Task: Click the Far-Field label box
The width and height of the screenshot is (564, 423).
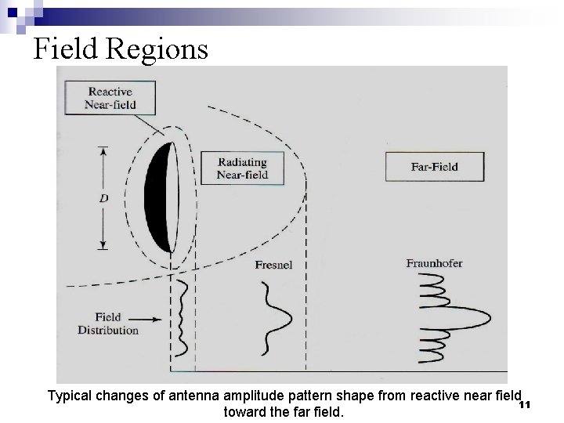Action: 434,166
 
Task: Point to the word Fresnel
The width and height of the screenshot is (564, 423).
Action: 273,266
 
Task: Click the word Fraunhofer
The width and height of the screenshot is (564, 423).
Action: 434,263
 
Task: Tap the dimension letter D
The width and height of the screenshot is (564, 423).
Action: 103,199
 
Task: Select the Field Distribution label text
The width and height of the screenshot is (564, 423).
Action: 108,324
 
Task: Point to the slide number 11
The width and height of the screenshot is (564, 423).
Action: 525,404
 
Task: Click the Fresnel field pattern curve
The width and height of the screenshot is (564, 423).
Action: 277,317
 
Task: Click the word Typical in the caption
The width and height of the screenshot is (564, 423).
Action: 70,396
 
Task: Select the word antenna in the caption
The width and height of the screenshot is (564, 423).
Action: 191,396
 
